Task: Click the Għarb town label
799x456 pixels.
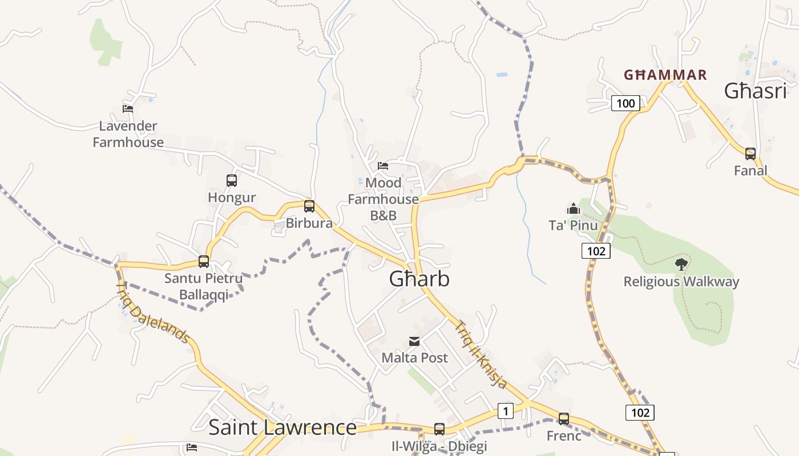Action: click(x=419, y=279)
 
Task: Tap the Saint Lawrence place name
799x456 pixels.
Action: click(x=283, y=427)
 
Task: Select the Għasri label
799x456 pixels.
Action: click(x=755, y=91)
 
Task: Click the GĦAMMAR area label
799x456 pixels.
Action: click(x=665, y=75)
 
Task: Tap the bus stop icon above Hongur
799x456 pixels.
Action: click(x=231, y=181)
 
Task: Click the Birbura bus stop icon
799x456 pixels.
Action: click(x=309, y=206)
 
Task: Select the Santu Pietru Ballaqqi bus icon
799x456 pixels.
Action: click(x=203, y=262)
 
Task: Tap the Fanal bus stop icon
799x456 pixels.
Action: click(x=750, y=153)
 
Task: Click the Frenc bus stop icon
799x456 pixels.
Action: click(x=563, y=419)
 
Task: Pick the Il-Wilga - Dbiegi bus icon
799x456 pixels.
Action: click(x=439, y=429)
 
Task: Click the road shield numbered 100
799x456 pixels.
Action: click(x=626, y=103)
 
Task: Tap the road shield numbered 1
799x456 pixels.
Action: click(x=505, y=410)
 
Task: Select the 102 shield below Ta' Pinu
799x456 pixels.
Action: click(x=596, y=251)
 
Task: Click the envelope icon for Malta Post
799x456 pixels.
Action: click(x=414, y=341)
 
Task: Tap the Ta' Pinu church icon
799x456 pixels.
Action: click(x=573, y=209)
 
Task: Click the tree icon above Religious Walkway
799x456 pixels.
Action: click(x=680, y=264)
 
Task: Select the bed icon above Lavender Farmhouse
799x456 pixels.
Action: click(x=128, y=108)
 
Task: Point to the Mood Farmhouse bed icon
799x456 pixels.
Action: click(x=383, y=166)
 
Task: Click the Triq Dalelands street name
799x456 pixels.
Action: click(x=152, y=313)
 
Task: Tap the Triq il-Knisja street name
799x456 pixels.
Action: click(x=481, y=355)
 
